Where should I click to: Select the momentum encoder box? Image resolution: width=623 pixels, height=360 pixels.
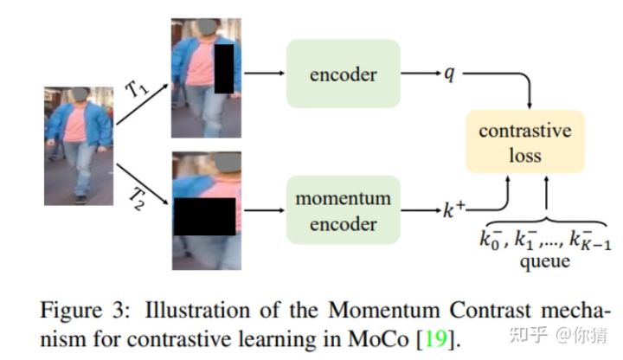(x=344, y=210)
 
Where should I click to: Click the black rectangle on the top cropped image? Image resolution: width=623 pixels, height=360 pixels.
(x=224, y=70)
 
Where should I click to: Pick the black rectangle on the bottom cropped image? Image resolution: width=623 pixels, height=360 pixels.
(x=204, y=215)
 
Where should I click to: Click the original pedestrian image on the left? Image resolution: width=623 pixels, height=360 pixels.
(x=79, y=145)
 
